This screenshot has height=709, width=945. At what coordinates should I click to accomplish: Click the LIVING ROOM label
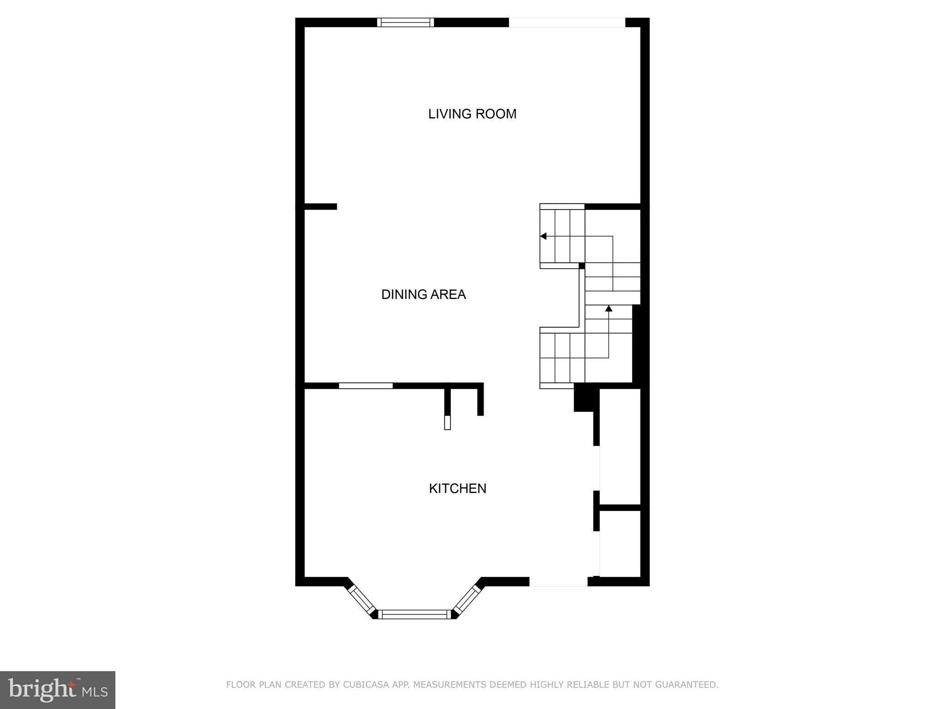pos(472,114)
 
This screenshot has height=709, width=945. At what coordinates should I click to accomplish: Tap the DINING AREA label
pos(423,294)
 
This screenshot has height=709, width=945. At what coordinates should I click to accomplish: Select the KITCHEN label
pos(457,488)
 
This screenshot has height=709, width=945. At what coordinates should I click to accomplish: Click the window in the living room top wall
pos(405,22)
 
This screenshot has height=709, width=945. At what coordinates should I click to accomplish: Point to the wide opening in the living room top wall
pos(567,22)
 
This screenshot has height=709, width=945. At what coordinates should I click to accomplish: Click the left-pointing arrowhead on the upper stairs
pos(544,236)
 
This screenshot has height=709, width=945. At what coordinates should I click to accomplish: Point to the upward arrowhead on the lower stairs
pos(609,308)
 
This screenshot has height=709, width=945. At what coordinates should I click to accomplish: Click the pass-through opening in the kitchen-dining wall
pos(365,386)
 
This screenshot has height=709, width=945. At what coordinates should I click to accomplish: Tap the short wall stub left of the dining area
pos(321,206)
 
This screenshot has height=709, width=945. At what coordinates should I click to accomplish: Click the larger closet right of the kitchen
pos(619,447)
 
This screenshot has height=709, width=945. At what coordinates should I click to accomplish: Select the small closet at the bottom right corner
pos(619,543)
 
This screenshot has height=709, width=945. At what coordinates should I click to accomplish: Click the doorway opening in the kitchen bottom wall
pos(558,582)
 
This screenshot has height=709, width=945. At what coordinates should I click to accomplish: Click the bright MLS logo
pos(58,690)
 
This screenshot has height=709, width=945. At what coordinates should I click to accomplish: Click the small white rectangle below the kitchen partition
pos(447,422)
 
